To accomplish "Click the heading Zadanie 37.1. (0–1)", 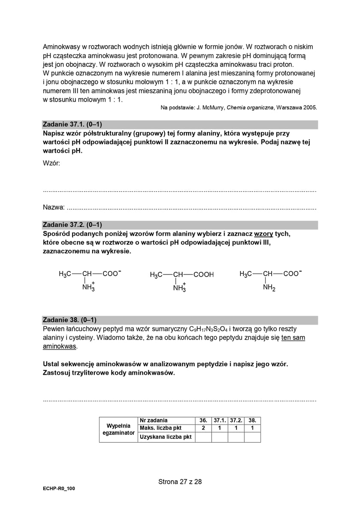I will click(x=72, y=124).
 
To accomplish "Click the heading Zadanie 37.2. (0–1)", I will click(x=72, y=225).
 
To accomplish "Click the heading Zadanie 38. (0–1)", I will click(x=70, y=320).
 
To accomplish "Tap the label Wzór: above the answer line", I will click(x=51, y=163).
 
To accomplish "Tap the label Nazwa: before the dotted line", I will click(x=54, y=208).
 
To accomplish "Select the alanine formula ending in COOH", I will click(x=182, y=275).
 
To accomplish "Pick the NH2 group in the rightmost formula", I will click(x=269, y=288).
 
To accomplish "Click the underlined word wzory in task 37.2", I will click(x=264, y=234).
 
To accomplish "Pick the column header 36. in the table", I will click(x=203, y=421).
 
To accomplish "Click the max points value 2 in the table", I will click(x=203, y=428).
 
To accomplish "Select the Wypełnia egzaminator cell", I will click(x=118, y=429).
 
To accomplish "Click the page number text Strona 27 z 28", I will click(x=180, y=482).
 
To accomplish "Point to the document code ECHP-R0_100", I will click(x=59, y=488).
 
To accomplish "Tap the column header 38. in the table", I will click(x=252, y=421).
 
